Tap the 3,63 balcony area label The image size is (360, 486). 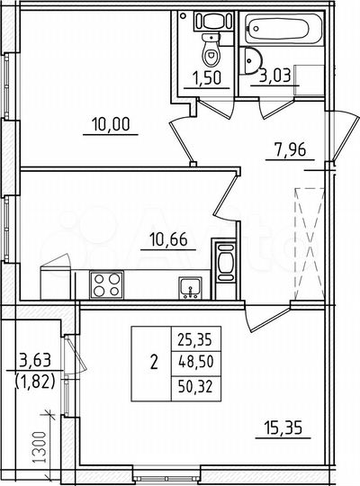point(32,363)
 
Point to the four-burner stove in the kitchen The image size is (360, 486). point(105,285)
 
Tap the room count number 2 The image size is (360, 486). point(152,364)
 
